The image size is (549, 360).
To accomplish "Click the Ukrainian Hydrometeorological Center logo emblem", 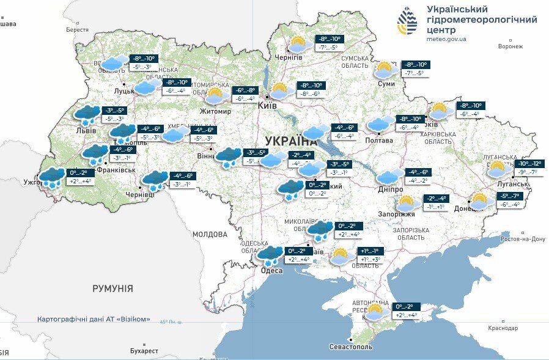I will click(408, 23).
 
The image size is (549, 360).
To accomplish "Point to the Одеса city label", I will click(271, 271).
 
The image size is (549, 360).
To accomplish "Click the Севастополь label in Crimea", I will click(350, 347).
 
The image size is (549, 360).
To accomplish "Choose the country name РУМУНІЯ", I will click(113, 288).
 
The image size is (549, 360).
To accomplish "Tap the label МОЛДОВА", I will click(210, 234).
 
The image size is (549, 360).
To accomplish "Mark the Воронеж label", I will click(510, 46).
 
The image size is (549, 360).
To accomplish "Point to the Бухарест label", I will click(144, 351).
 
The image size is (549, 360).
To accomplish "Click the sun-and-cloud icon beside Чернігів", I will click(297, 45).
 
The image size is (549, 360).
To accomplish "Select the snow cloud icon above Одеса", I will click(269, 254).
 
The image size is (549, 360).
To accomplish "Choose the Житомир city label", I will click(215, 111).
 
